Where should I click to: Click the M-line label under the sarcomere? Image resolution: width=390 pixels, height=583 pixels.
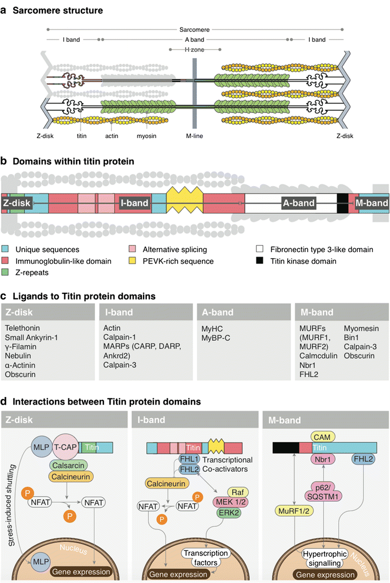click(194, 136)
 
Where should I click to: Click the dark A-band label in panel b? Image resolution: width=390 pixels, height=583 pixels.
click(299, 203)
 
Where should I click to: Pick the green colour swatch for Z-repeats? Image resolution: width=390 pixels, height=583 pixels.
click(5, 273)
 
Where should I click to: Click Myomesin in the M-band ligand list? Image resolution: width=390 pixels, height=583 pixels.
click(361, 329)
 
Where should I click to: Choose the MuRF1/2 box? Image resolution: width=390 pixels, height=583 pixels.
click(289, 513)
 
